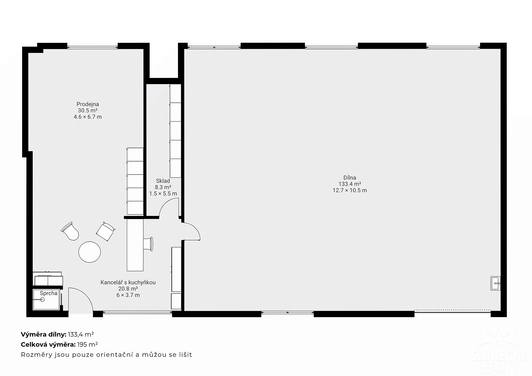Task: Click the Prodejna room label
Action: pyautogui.click(x=88, y=104)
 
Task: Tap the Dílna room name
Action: pyautogui.click(x=350, y=177)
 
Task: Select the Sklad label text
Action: pyautogui.click(x=163, y=181)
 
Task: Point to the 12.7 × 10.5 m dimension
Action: pyautogui.click(x=350, y=190)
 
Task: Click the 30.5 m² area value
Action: pyautogui.click(x=88, y=110)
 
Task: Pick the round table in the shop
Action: pyautogui.click(x=90, y=252)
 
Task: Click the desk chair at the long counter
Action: pyautogui.click(x=148, y=244)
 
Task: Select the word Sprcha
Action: pyautogui.click(x=49, y=293)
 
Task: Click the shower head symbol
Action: pyautogui.click(x=42, y=300)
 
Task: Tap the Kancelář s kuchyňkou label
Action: pyautogui.click(x=128, y=282)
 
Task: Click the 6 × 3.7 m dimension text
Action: pyautogui.click(x=128, y=295)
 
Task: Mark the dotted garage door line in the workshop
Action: pyautogui.click(x=452, y=310)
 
